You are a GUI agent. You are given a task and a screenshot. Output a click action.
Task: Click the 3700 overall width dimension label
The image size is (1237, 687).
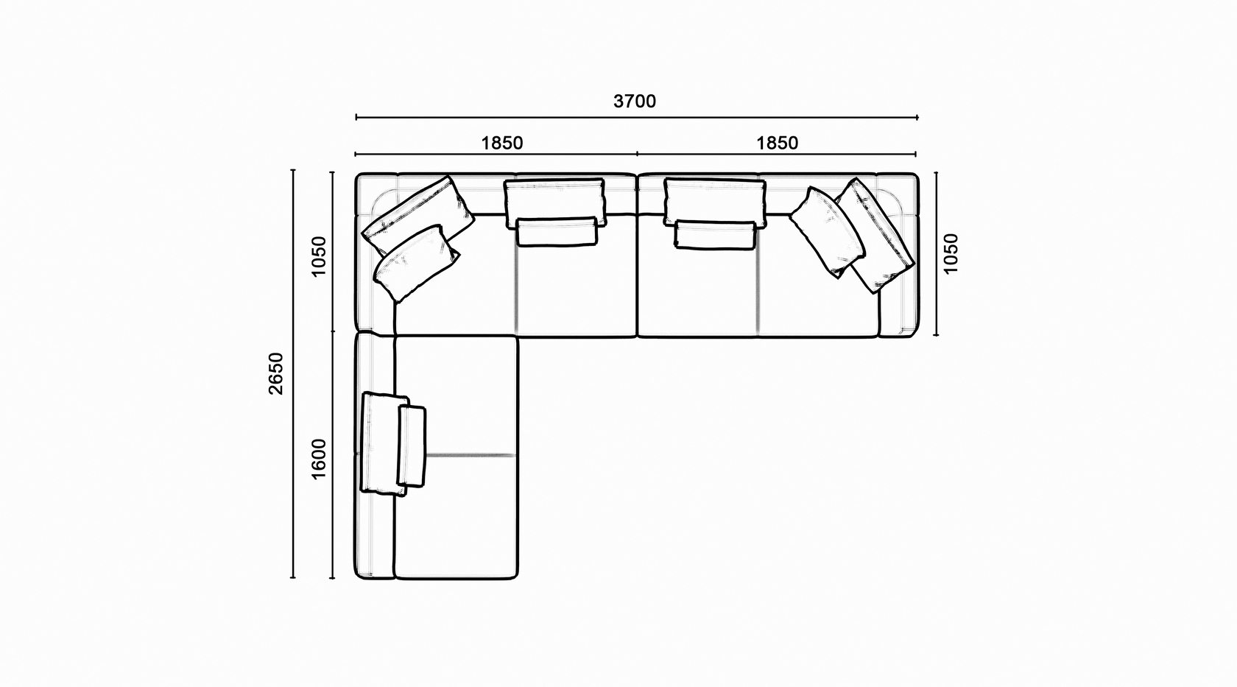[635, 101]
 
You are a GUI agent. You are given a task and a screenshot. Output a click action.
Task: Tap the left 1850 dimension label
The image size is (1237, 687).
[501, 143]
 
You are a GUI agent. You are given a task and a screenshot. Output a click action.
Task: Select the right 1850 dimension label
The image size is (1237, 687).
[777, 143]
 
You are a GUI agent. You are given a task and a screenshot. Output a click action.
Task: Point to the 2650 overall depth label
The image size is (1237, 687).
[275, 374]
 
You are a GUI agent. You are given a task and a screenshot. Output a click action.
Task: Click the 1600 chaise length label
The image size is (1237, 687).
[319, 459]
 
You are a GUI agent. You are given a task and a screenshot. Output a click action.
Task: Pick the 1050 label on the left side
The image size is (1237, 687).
[319, 256]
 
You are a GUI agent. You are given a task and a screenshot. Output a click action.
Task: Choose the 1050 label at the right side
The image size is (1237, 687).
[951, 253]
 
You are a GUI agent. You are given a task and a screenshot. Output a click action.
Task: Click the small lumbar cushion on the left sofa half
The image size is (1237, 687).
[557, 232]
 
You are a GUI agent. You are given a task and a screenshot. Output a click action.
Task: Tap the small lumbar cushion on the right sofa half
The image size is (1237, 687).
[715, 236]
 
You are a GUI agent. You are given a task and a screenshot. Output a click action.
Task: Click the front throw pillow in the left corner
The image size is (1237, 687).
[417, 263]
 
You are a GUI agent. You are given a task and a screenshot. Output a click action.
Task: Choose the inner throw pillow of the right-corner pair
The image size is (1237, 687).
[827, 232]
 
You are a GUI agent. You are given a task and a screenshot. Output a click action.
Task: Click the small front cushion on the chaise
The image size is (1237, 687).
[412, 446]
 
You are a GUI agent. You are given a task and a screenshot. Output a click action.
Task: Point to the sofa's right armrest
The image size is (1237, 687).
[898, 255]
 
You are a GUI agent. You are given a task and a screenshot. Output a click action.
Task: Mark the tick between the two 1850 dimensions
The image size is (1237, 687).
[638, 154]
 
